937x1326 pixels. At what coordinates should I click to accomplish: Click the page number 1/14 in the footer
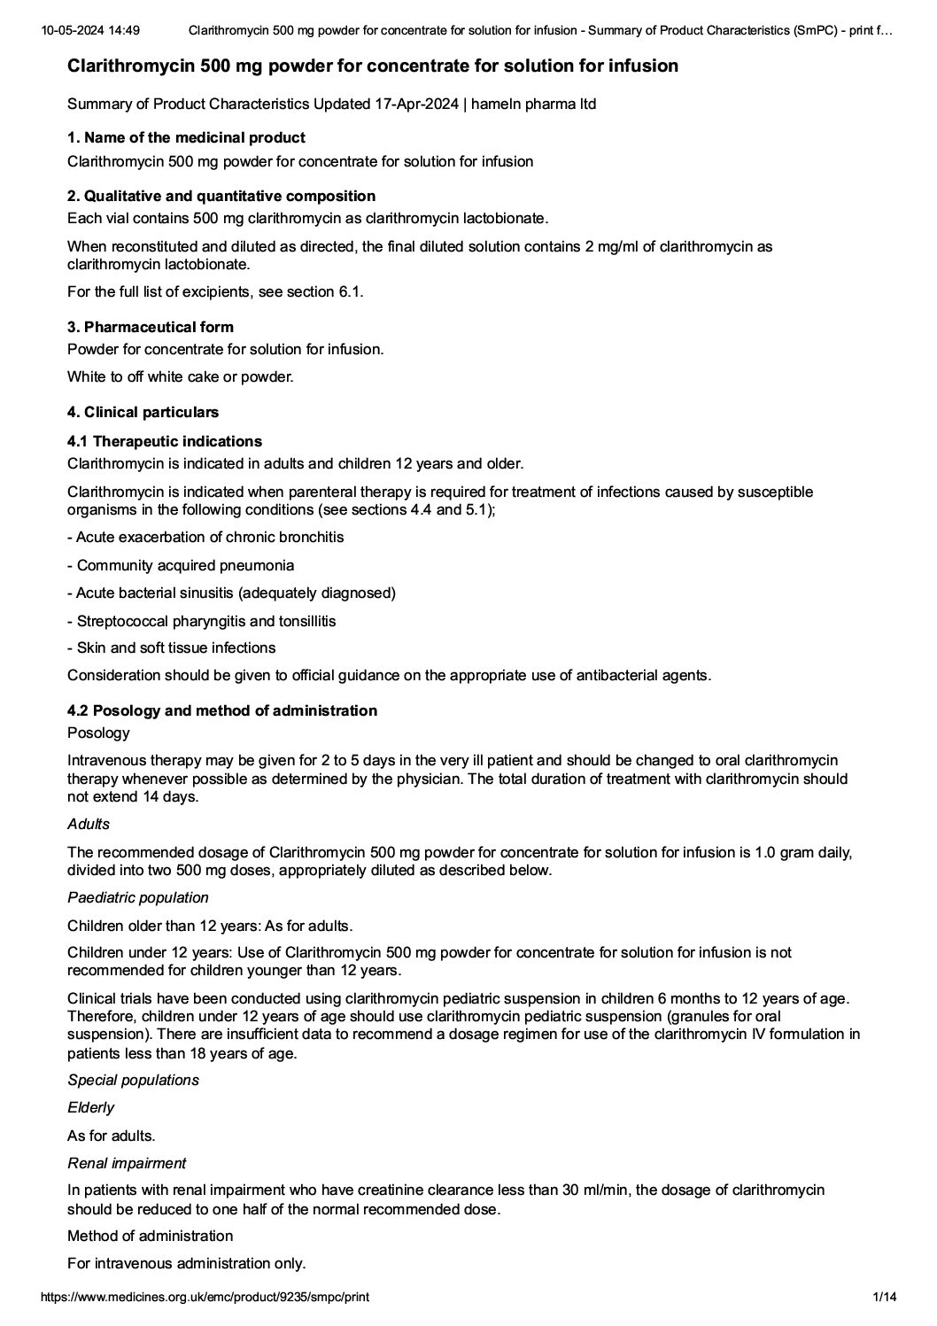[885, 1297]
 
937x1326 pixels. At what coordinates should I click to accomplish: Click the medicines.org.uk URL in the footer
[205, 1297]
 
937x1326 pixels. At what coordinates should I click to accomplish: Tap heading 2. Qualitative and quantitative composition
[221, 196]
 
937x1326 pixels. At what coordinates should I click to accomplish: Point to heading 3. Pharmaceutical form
[151, 327]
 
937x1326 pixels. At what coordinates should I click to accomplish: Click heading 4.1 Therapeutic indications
[165, 441]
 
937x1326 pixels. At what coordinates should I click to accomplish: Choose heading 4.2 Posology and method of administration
[222, 710]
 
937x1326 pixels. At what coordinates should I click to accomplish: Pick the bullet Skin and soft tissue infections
[175, 647]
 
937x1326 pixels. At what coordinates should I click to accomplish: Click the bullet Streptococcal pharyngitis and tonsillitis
[205, 621]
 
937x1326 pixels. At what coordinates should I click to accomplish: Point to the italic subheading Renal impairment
[127, 1163]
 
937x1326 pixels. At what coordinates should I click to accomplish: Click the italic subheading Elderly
[90, 1107]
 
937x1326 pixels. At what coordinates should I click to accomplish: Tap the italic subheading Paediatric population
[138, 897]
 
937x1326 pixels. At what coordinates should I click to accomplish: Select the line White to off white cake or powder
[180, 376]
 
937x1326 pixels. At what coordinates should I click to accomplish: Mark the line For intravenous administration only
[186, 1263]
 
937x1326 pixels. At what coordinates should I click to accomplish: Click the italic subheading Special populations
[133, 1080]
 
